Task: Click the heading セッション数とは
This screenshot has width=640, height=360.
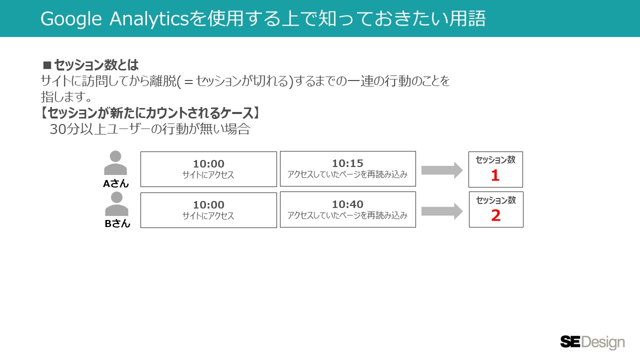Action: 96,65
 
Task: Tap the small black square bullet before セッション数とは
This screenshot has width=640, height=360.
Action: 47,65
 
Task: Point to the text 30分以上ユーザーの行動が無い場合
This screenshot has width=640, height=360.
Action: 149,129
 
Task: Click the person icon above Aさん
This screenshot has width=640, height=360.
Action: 115,163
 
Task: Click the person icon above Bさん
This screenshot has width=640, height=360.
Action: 116,204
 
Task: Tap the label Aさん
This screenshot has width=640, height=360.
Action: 116,183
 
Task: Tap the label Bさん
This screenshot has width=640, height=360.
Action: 117,223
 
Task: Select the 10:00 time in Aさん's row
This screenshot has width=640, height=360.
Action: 208,164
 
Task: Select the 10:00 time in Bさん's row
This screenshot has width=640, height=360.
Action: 208,205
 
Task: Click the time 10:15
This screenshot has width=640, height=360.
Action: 347,163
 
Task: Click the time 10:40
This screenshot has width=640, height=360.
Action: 347,204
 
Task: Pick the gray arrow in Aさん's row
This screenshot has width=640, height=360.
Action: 442,170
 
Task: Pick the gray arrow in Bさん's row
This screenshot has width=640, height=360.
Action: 442,211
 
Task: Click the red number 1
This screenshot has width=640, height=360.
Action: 495,175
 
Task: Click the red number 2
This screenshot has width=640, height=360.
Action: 495,216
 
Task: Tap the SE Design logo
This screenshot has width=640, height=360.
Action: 592,342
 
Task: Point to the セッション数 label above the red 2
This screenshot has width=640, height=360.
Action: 495,200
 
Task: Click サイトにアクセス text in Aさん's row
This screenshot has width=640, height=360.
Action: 208,175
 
